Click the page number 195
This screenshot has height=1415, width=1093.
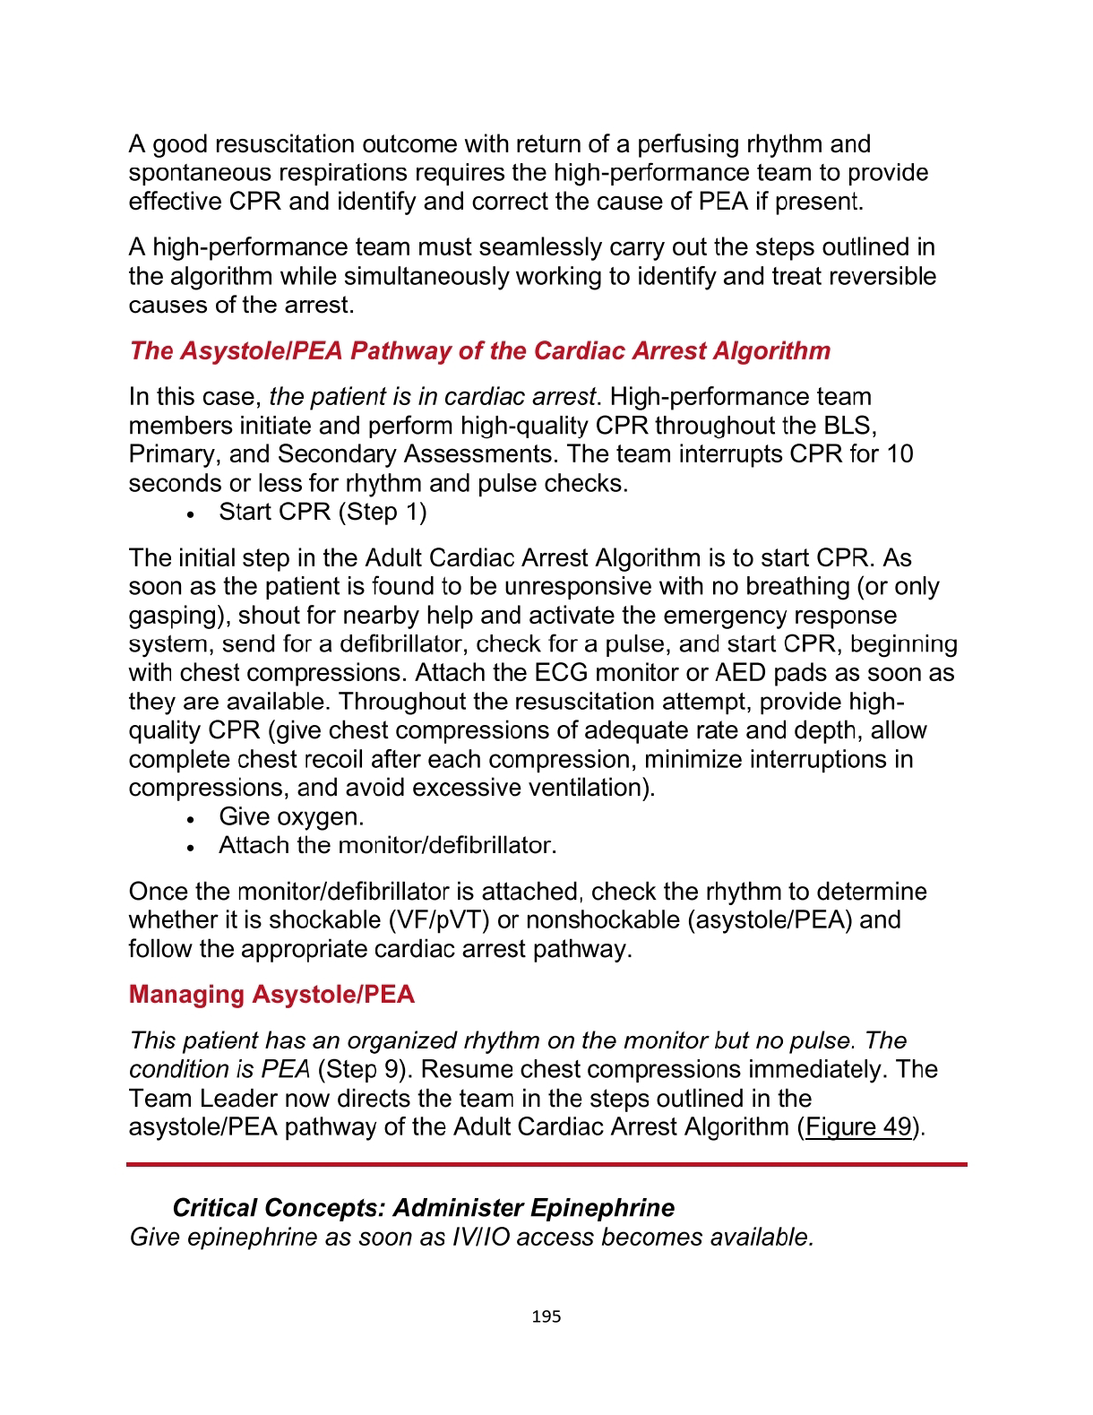click(546, 1316)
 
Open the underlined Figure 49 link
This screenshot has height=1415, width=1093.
click(858, 1126)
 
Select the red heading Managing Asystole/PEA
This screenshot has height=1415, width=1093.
click(271, 995)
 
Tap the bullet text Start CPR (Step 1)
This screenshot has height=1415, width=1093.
click(323, 512)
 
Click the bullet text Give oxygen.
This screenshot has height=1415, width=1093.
click(291, 816)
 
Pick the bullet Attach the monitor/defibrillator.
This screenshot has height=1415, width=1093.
click(387, 845)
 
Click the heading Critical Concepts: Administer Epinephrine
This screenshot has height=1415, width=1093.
click(423, 1208)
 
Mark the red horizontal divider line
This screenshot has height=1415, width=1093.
click(546, 1164)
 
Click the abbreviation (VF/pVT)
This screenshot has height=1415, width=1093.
click(438, 920)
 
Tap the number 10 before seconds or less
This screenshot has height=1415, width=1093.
click(899, 454)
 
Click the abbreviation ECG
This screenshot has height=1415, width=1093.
click(560, 673)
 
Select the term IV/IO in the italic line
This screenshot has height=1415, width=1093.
click(481, 1238)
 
